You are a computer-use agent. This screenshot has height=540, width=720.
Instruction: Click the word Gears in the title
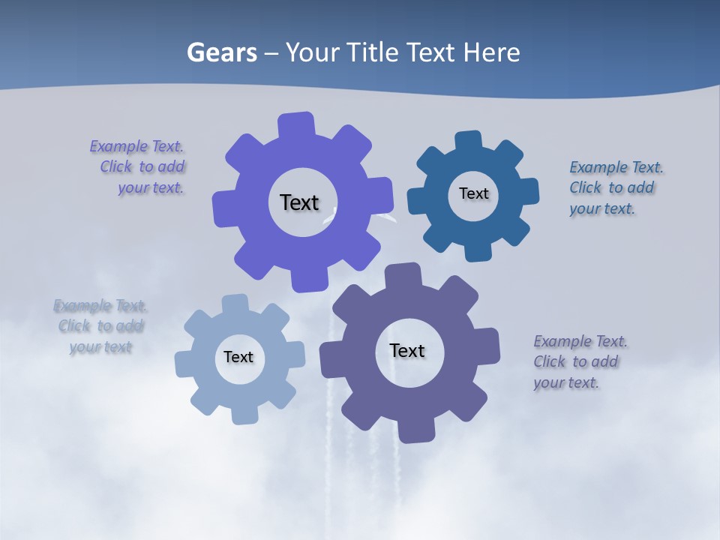click(220, 52)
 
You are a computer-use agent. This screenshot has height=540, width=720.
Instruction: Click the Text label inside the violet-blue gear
click(299, 202)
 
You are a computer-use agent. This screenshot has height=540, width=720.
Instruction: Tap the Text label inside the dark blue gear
click(473, 193)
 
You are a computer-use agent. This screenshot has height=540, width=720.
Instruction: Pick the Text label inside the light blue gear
click(238, 357)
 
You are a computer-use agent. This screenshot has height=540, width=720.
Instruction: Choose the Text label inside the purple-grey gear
click(407, 350)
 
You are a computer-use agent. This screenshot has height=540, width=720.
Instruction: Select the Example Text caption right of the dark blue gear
click(615, 187)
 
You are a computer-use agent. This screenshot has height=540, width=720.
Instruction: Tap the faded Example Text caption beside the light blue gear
click(100, 326)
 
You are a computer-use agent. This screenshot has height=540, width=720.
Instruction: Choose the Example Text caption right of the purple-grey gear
click(579, 361)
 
